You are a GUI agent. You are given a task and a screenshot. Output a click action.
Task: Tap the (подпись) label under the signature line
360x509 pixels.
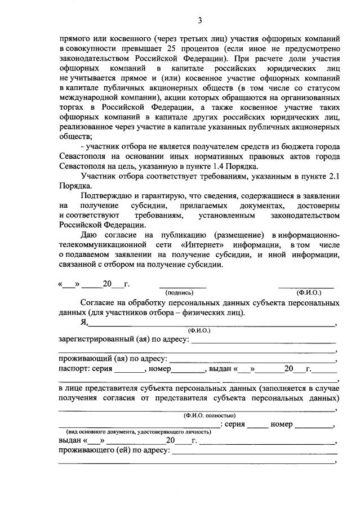click(179, 292)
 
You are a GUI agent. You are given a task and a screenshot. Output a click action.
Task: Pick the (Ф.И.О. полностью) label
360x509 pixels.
click(205, 416)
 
